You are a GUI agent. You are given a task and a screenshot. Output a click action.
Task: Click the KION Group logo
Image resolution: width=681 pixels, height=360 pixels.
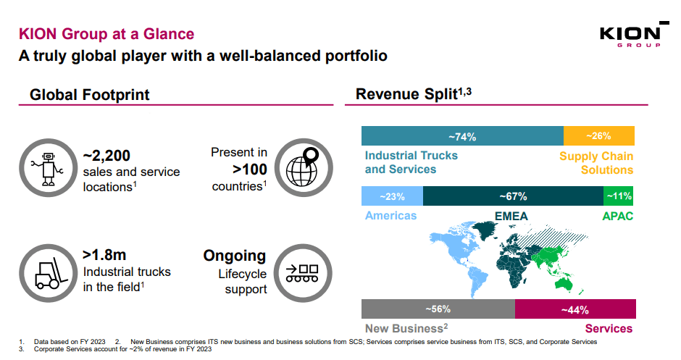click(630, 36)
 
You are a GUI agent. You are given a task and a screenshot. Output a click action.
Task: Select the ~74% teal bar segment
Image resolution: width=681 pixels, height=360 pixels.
click(461, 136)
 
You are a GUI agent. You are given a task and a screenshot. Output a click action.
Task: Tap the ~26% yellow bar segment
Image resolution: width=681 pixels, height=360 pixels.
click(599, 136)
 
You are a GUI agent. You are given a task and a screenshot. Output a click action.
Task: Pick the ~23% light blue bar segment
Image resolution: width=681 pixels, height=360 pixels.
click(392, 196)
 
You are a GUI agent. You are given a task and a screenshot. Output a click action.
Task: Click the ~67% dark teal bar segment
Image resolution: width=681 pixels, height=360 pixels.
click(513, 196)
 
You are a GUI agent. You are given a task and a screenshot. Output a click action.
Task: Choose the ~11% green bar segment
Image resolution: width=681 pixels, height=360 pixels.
click(619, 196)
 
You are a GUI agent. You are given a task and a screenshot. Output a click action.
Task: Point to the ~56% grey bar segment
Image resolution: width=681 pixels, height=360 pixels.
click(438, 309)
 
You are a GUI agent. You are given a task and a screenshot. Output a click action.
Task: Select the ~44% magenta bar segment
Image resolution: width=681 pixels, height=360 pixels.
click(575, 309)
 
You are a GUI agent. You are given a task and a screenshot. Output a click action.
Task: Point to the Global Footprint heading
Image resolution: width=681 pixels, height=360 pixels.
click(90, 95)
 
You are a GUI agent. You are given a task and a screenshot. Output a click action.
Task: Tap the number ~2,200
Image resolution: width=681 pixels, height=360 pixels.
click(106, 156)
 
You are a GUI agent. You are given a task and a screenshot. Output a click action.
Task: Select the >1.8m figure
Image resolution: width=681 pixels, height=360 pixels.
click(104, 255)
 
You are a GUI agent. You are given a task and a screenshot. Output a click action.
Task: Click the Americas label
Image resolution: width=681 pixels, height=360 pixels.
click(390, 216)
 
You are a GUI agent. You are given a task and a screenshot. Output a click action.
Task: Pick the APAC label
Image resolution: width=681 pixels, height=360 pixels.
click(617, 216)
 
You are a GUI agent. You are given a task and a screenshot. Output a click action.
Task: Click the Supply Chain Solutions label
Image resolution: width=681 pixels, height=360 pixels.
click(596, 163)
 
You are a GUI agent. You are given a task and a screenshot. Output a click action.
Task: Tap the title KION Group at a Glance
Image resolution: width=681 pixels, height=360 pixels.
click(106, 34)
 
